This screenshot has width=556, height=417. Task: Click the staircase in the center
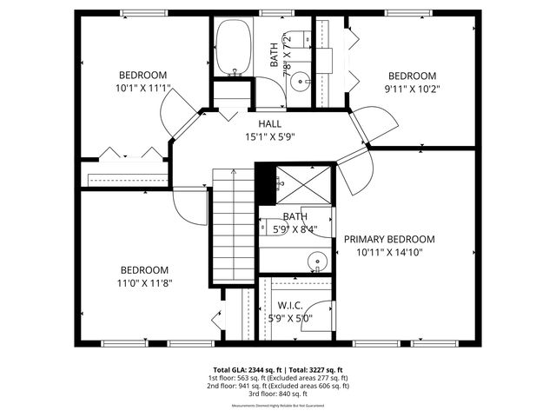pos(232,226)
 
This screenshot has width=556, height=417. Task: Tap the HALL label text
pos(269,124)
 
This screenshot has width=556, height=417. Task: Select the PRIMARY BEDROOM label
pos(389,239)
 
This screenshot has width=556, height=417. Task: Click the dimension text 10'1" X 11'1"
pos(142,88)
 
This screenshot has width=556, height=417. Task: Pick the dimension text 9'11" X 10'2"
pos(412,88)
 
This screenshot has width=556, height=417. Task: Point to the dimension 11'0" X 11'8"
pos(144,283)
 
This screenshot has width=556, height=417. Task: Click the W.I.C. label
pos(289,306)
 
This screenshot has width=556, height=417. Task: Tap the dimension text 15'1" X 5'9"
pos(269,136)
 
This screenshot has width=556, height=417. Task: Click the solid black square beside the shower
pos(264,182)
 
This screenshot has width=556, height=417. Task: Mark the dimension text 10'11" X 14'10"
pos(389,252)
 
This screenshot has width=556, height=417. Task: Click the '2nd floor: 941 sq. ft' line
pos(278,386)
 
